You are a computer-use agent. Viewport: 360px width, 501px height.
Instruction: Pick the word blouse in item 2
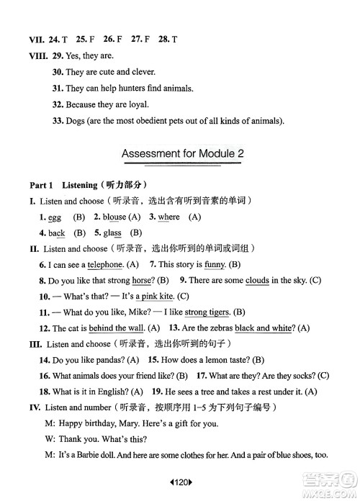click(115, 217)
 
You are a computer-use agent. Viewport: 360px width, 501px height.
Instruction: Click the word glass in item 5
click(112, 233)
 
